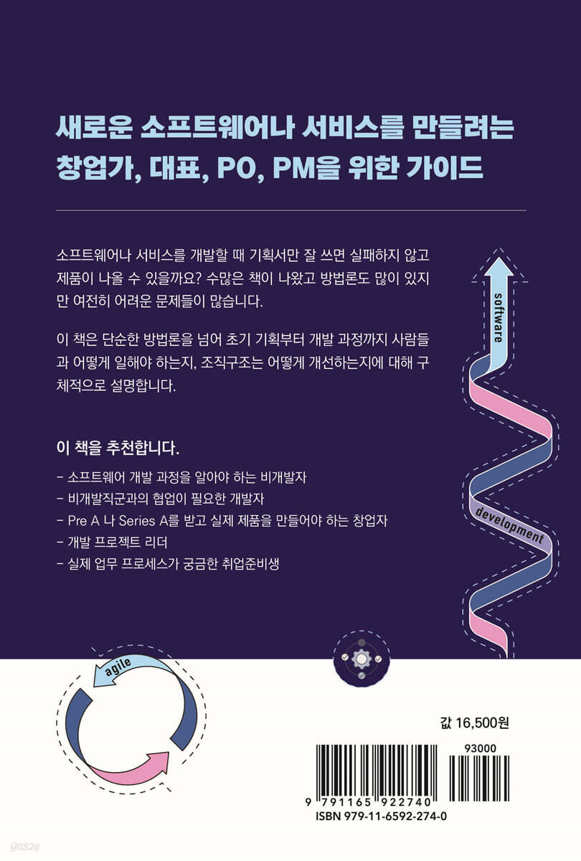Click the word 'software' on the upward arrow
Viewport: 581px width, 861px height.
point(498,318)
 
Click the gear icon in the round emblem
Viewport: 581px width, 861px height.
point(362,659)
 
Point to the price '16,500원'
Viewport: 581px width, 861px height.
point(482,723)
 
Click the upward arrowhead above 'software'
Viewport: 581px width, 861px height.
point(499,267)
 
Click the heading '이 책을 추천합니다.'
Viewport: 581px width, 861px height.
point(118,448)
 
